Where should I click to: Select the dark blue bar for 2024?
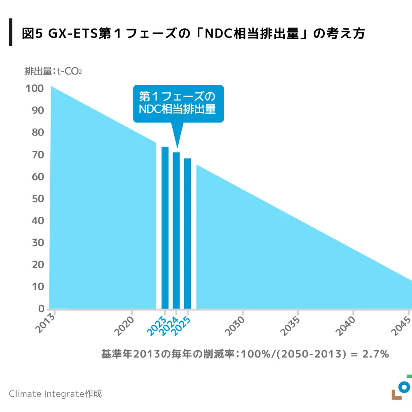coord(176,230)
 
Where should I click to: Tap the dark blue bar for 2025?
coord(187,233)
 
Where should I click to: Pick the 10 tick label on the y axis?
coord(38,287)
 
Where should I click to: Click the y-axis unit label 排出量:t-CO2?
coord(53,71)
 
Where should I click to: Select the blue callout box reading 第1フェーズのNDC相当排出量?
coord(178,103)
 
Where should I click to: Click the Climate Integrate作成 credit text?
coord(55,393)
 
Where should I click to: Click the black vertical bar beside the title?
coord(11,32)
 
